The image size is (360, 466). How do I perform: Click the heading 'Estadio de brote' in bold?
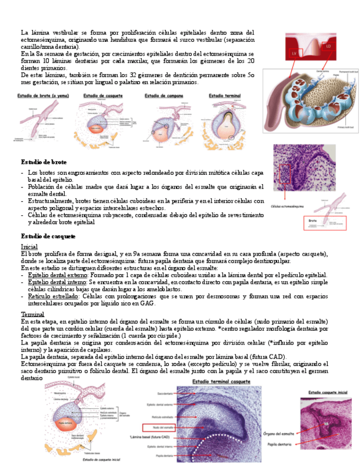click(x=44, y=162)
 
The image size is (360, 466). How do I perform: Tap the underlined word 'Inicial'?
click(x=29, y=247)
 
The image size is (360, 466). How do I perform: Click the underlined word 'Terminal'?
click(x=32, y=314)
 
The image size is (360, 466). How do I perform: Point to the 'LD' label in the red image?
click(x=328, y=47)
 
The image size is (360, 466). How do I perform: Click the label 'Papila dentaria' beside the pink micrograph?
click(x=278, y=443)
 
